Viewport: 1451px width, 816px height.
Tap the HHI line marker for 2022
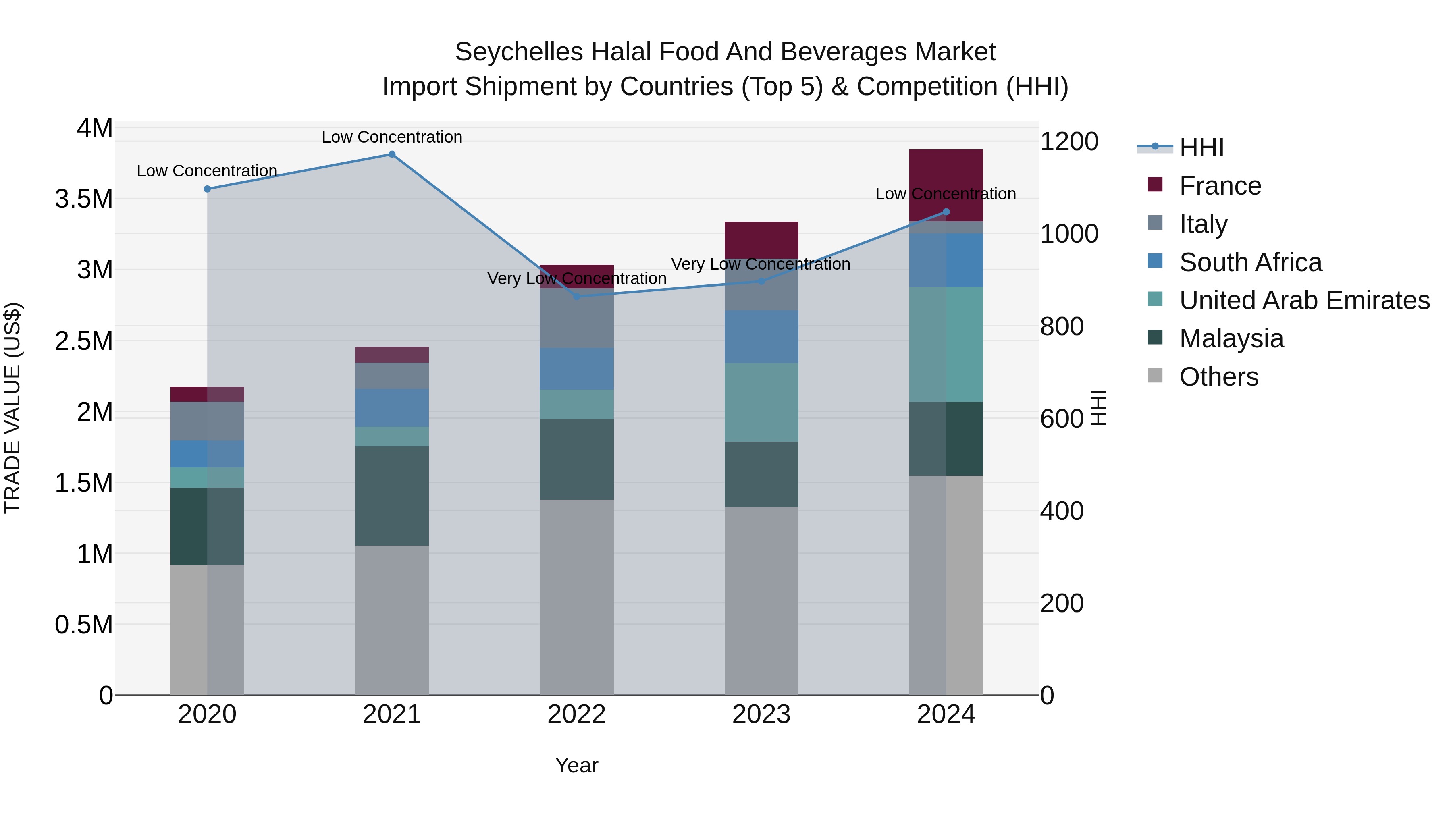pyautogui.click(x=576, y=297)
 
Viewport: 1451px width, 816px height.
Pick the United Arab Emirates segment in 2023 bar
pyautogui.click(x=761, y=402)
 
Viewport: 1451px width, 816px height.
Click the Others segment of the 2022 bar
pyautogui.click(x=576, y=597)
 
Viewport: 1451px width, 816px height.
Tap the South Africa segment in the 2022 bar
pyautogui.click(x=576, y=369)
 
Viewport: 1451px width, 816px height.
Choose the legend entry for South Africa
pyautogui.click(x=1250, y=262)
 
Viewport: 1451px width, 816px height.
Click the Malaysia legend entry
pyautogui.click(x=1231, y=339)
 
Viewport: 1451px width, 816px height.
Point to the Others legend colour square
pyautogui.click(x=1155, y=376)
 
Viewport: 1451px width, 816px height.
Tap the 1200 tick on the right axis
pyautogui.click(x=1069, y=142)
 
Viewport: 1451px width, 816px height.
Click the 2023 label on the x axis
pyautogui.click(x=761, y=714)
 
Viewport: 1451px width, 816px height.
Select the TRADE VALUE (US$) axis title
pyautogui.click(x=12, y=408)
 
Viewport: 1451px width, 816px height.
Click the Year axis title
pyautogui.click(x=576, y=765)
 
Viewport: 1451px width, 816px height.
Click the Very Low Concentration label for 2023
pyautogui.click(x=761, y=264)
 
